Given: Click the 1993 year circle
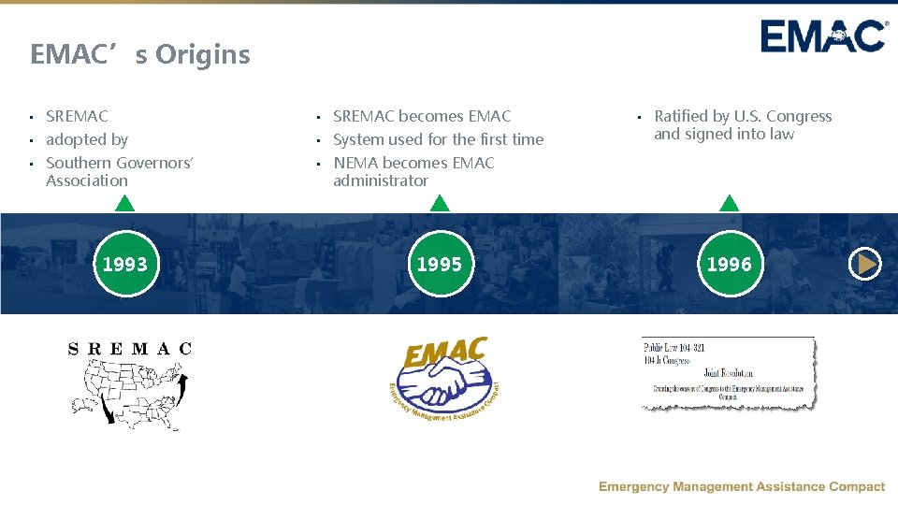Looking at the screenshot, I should (x=124, y=264).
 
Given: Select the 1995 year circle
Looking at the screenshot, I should (x=440, y=264).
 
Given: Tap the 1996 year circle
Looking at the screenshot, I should (x=730, y=264).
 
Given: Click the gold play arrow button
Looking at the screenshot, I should (x=865, y=265).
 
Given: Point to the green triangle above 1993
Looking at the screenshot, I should (x=124, y=202).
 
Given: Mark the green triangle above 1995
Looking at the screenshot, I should (x=440, y=202).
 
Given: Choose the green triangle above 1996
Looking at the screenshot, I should (x=730, y=202).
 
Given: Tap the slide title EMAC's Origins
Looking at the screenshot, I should (x=140, y=54).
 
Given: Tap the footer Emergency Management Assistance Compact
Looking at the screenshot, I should (x=742, y=486).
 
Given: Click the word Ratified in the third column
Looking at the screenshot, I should (x=681, y=116).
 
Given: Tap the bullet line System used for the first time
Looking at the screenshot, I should (x=438, y=139).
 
